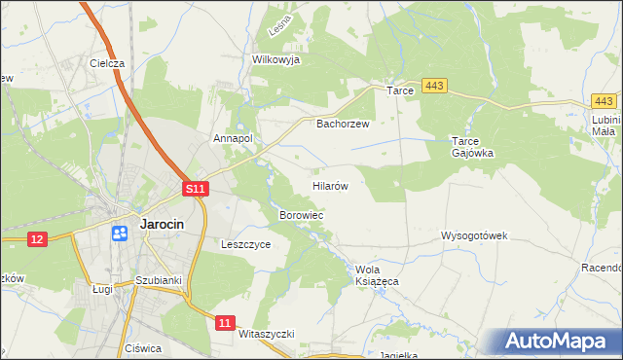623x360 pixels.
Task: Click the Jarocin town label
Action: (x=171, y=223)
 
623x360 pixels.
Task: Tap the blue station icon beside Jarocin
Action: (x=120, y=233)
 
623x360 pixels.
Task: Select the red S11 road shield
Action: (x=196, y=189)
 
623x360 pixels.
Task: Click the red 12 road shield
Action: (x=38, y=239)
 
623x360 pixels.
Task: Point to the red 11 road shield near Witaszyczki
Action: (x=225, y=322)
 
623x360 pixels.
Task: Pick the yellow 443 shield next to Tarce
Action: (x=434, y=88)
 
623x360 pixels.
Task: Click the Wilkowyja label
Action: (x=275, y=59)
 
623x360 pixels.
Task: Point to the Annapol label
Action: (x=234, y=139)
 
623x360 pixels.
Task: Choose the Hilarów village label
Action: (x=331, y=184)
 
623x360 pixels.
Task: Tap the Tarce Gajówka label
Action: (x=474, y=146)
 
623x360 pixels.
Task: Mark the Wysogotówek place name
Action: (x=474, y=236)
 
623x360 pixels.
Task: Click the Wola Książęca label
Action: (x=378, y=274)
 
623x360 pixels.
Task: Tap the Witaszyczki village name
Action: (x=266, y=334)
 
